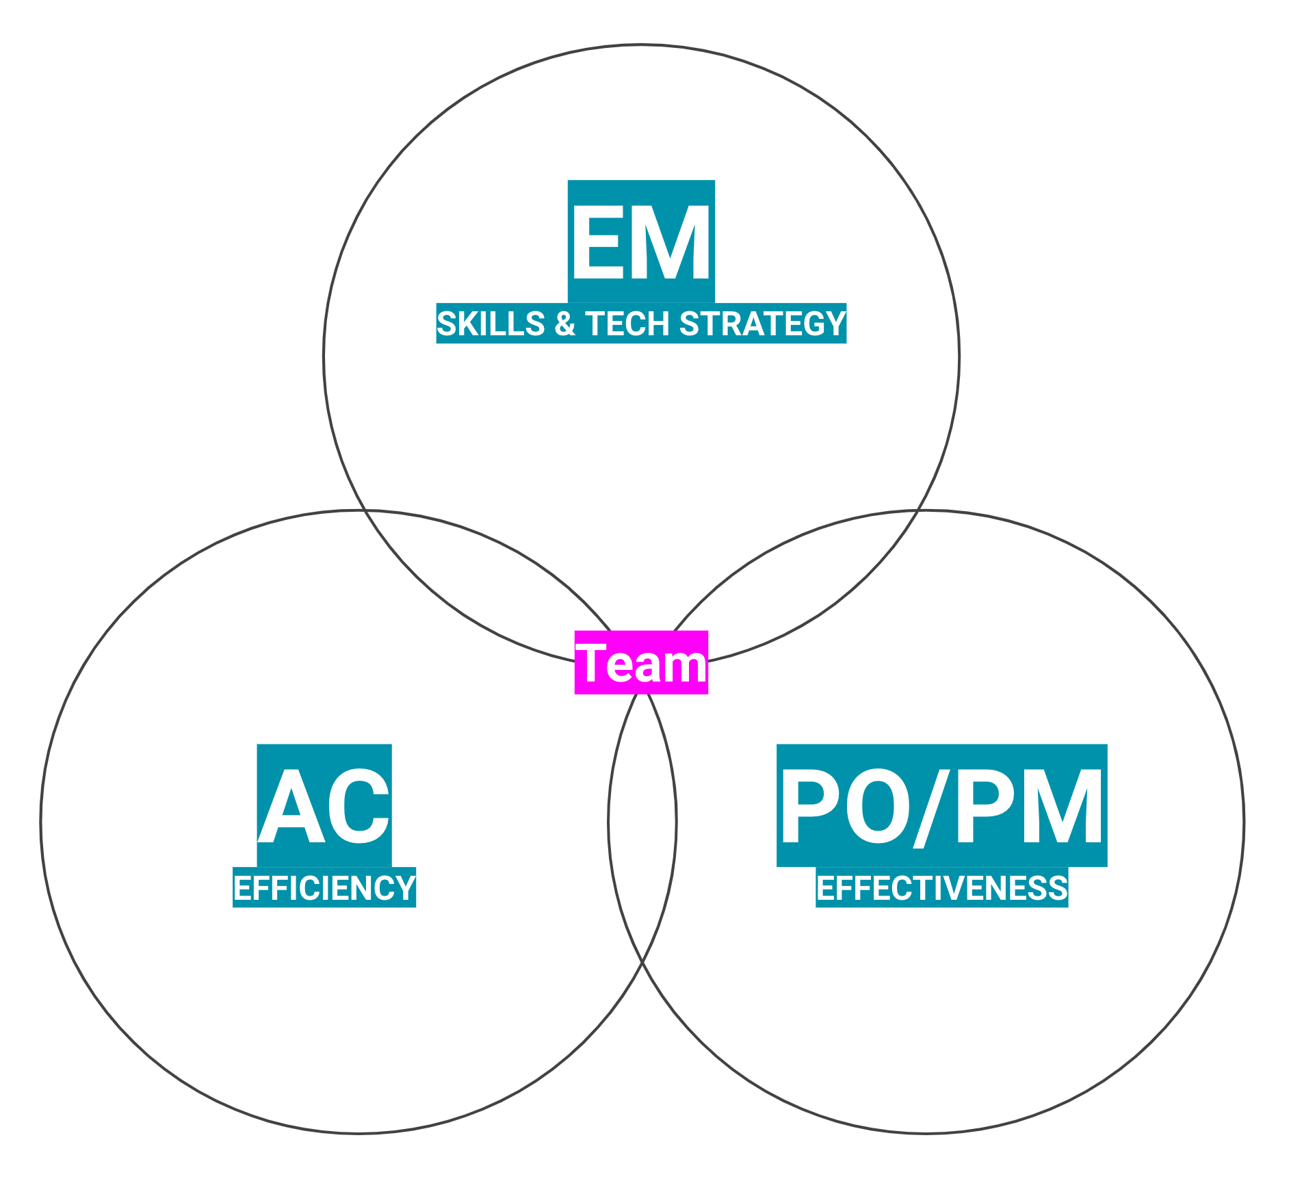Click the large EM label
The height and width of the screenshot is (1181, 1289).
pos(641,242)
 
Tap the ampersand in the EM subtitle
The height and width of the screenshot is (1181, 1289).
pos(565,324)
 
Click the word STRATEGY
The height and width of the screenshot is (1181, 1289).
pos(762,324)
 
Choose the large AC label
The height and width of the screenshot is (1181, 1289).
pos(324,805)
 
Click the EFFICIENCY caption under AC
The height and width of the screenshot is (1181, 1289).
pos(324,888)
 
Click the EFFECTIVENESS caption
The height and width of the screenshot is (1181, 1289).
pos(942,888)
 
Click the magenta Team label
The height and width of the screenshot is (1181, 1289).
pos(641,662)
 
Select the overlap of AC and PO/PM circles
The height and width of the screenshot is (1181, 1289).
pos(642,821)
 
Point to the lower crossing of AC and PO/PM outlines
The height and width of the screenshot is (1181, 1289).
pos(642,963)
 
